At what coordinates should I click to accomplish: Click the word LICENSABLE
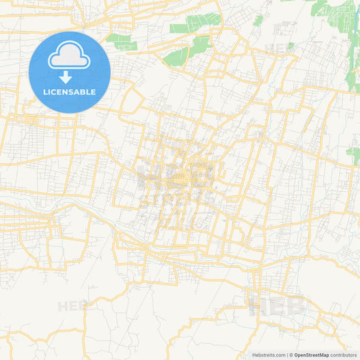[70, 92]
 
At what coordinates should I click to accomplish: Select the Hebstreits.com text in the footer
[268, 355]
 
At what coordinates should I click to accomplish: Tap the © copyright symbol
[291, 355]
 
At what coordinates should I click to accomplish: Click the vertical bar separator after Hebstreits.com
[286, 355]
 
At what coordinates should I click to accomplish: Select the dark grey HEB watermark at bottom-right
[277, 307]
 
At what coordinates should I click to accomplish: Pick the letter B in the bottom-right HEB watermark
[295, 307]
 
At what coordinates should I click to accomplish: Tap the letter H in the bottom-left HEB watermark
[63, 306]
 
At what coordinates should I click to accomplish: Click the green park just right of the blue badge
[121, 41]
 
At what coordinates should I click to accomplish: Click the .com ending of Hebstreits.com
[279, 355]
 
